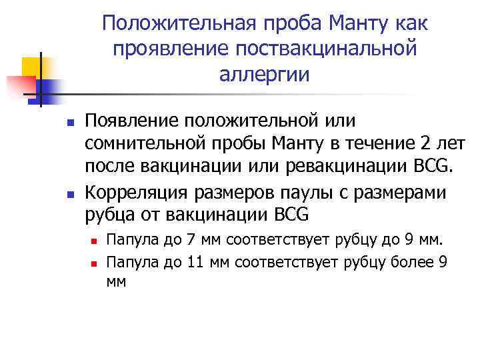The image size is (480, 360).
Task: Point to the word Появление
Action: pos(136,121)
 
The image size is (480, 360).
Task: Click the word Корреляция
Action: pos(138,193)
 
